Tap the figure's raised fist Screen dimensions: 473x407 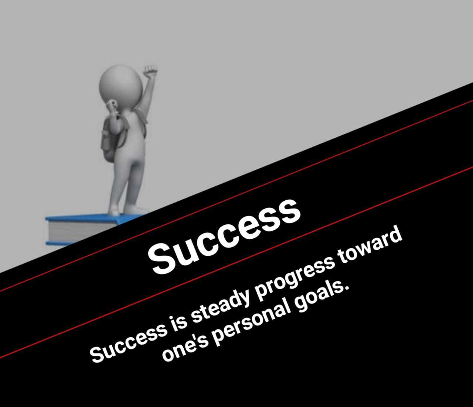point(150,71)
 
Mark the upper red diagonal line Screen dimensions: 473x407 point(236,196)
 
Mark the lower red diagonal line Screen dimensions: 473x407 point(236,262)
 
